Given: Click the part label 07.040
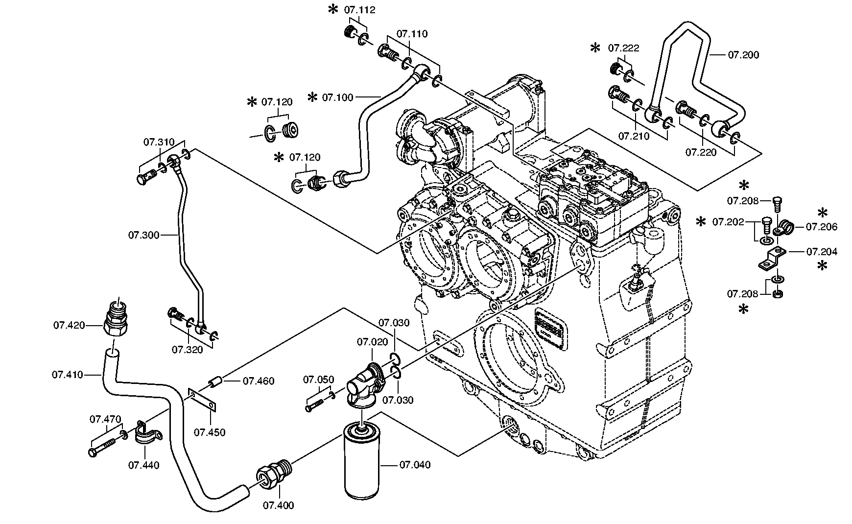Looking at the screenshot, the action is tap(415, 465).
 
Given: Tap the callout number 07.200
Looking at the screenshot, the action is tap(743, 55).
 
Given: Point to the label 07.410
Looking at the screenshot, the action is tap(68, 375).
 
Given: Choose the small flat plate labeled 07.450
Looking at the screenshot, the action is tap(203, 398).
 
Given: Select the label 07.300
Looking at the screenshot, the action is tap(144, 236).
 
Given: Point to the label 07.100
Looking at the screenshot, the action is tap(337, 97).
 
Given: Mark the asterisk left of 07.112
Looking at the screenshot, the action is tap(333, 9).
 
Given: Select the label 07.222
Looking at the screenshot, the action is tap(624, 48).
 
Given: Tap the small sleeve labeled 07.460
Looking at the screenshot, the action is tap(216, 381).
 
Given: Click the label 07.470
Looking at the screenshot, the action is tap(105, 419).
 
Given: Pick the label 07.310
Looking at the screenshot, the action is tap(159, 143).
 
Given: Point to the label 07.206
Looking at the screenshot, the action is tap(822, 227).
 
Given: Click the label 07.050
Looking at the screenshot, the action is tap(318, 380).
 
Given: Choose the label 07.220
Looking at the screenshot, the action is tap(701, 152).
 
